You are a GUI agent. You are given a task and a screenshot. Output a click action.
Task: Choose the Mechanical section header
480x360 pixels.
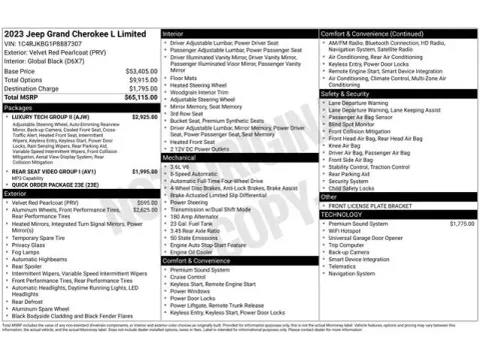pyautogui.click(x=181, y=157)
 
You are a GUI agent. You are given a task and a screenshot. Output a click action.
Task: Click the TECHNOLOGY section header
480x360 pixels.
pyautogui.click(x=343, y=214)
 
